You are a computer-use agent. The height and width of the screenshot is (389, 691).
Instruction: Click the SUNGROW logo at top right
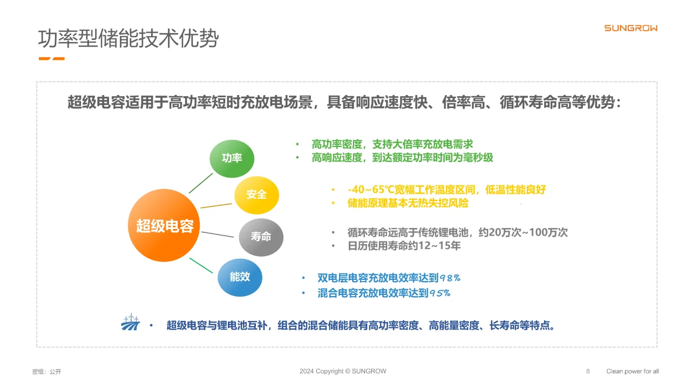(x=631, y=28)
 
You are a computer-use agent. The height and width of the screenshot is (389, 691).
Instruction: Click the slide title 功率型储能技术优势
(x=128, y=39)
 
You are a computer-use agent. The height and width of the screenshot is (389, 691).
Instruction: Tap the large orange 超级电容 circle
(x=165, y=225)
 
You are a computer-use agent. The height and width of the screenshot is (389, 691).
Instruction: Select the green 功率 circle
(x=232, y=158)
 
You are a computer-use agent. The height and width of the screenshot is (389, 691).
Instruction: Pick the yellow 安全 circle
(x=256, y=194)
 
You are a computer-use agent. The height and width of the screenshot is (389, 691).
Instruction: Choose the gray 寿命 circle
(x=261, y=237)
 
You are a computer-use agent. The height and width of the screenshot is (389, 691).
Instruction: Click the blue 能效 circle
(x=240, y=277)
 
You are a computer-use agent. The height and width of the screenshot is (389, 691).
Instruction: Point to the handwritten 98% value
(x=450, y=278)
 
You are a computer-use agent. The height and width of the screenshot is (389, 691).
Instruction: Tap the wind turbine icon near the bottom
(x=130, y=323)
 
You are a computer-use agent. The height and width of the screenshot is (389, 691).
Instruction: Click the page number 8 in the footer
(x=588, y=371)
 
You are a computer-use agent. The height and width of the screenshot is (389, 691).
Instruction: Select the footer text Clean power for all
(x=633, y=371)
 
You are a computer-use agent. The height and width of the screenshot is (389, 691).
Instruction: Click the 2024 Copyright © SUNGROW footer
(x=343, y=371)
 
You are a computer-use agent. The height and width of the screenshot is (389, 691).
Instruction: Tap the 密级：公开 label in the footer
(x=47, y=372)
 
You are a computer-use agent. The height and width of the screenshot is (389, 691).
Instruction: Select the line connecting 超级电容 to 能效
(x=201, y=265)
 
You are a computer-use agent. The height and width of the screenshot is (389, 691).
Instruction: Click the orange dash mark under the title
(x=52, y=58)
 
